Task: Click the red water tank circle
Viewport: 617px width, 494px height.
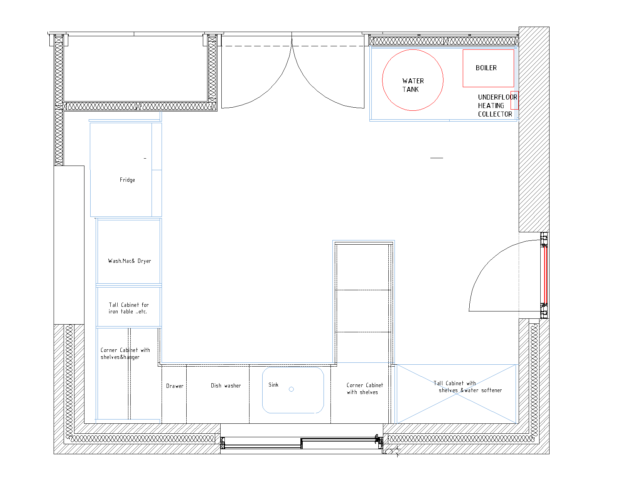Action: pos(383,80)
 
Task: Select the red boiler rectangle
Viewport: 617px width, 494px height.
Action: pos(463,68)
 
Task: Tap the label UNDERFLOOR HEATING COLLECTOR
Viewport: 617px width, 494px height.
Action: pos(497,106)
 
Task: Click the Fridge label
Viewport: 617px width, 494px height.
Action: pos(127,180)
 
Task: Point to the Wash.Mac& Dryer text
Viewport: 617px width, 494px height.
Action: pos(129,261)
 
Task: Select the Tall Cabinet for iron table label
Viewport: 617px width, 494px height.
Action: pos(128,308)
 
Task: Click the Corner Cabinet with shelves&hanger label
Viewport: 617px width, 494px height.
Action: pos(125,354)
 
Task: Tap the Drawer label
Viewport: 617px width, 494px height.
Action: pos(175,386)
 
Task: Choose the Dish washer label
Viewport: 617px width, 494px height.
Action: pos(226,386)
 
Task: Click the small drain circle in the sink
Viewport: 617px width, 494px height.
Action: pos(291,389)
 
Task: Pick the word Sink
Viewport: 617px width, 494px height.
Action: pos(273,385)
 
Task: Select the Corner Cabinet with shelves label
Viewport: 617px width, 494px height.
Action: pos(364,389)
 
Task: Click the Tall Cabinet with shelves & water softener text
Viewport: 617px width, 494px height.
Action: pos(467,387)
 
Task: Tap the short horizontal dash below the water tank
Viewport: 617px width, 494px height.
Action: pos(437,158)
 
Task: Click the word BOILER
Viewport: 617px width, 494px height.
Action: pos(486,68)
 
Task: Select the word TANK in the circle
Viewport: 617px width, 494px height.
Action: pos(410,90)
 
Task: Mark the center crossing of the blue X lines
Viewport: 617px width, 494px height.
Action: pos(457,394)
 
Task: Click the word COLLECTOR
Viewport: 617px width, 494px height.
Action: pos(495,114)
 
